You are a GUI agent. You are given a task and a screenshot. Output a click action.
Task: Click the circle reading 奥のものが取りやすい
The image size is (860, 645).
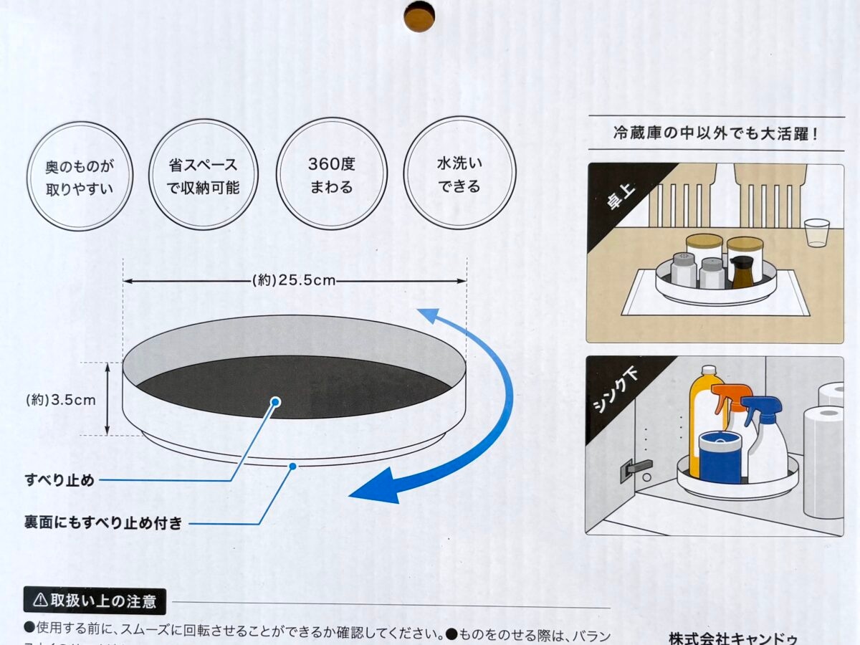click(x=80, y=176)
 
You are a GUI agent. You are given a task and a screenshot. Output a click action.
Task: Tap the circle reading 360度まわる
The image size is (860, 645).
click(x=331, y=175)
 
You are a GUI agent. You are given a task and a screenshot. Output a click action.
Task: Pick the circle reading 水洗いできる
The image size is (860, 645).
click(x=459, y=173)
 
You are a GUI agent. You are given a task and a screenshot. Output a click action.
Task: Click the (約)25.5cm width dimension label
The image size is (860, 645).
click(x=295, y=280)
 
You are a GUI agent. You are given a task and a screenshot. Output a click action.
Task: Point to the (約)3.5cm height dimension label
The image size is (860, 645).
click(x=60, y=400)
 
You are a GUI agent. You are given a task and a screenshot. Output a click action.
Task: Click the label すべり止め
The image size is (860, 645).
click(x=59, y=480)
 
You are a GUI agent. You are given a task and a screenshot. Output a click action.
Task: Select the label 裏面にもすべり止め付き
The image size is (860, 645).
click(x=103, y=523)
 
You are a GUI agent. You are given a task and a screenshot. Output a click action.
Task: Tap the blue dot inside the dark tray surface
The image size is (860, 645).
click(x=276, y=402)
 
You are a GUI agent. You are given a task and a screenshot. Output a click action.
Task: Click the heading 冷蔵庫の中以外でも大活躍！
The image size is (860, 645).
click(x=715, y=133)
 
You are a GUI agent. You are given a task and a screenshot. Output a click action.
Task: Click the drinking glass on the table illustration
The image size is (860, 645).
click(x=816, y=233)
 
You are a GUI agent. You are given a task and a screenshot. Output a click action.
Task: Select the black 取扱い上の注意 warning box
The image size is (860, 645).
click(x=95, y=601)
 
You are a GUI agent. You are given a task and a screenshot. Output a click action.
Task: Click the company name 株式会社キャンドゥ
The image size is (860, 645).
click(x=732, y=637)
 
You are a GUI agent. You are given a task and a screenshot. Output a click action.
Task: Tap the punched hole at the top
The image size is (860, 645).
click(x=419, y=16)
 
